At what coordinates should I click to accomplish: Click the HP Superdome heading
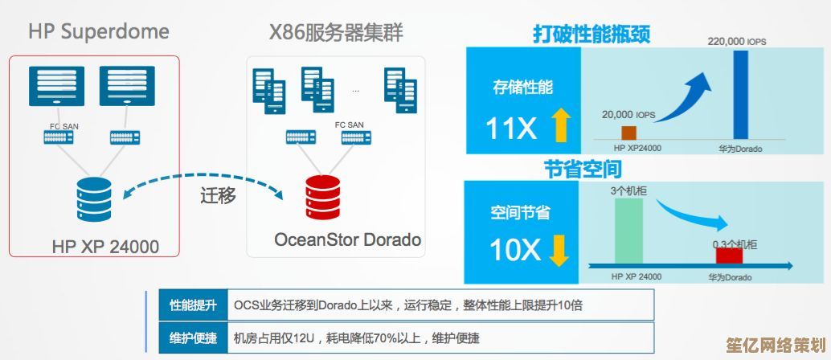tap(99, 32)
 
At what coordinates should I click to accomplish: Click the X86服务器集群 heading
tap(336, 33)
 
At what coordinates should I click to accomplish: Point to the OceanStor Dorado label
tap(347, 239)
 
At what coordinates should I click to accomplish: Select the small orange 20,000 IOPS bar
tap(628, 133)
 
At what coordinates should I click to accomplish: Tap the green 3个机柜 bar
tap(628, 231)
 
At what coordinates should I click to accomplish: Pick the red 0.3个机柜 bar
tap(729, 256)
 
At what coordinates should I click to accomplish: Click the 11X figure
tap(511, 128)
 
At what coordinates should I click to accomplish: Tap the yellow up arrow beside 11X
tap(560, 126)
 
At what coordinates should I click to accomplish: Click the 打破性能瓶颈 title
tap(591, 35)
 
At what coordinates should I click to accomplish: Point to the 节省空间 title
tap(583, 170)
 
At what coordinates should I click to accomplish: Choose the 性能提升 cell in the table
tap(193, 305)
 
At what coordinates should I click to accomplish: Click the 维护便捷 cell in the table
tap(193, 337)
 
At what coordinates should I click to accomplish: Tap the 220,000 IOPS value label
tap(737, 40)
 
